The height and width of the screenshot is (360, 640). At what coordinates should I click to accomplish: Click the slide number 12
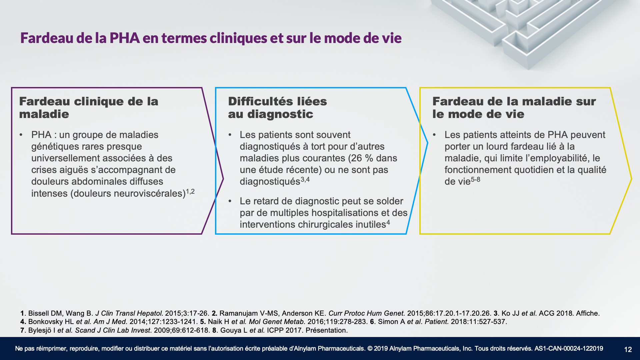(628, 349)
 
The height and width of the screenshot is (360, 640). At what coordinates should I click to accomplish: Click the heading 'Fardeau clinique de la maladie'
(89, 108)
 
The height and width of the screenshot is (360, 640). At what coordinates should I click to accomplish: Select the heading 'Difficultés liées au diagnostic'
(277, 108)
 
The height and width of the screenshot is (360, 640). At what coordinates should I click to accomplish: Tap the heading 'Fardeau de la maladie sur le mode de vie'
(514, 108)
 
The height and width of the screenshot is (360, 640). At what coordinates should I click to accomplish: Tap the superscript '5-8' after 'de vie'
(475, 180)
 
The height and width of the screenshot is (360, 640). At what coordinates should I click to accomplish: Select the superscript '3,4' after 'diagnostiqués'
(305, 180)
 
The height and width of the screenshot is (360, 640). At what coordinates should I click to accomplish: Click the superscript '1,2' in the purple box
(190, 192)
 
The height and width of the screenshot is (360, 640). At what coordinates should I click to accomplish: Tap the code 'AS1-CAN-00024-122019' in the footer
(569, 349)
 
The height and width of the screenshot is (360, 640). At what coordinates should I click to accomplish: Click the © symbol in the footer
(370, 349)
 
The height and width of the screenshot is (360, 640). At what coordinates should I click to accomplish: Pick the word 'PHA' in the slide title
(124, 38)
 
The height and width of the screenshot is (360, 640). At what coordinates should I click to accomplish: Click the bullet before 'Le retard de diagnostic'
(230, 201)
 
